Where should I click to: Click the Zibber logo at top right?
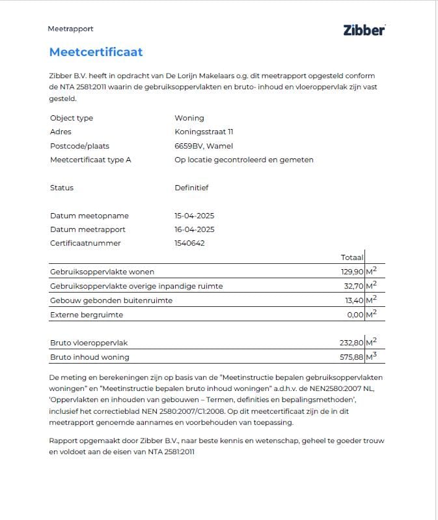pos(364,30)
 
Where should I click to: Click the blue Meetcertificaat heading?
pos(96,52)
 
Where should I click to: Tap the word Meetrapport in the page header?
pos(70,29)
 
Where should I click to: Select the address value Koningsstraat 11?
pos(204,132)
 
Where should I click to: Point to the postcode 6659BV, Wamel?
pos(204,146)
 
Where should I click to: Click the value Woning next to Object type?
pos(189,118)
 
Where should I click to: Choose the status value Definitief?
pos(191,188)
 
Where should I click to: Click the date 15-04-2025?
pos(195,216)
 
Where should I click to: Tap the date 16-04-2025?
pos(195,229)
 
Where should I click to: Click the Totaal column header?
pos(351,257)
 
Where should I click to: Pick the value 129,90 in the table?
pos(350,272)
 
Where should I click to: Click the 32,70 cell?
pos(351,286)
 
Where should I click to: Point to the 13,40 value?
pos(351,300)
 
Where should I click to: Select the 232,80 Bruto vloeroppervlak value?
pos(349,343)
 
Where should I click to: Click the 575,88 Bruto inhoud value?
pos(349,357)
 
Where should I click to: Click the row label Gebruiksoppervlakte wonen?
pos(102,272)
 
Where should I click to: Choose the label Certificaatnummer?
pos(85,243)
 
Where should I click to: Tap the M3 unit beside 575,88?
pos(371,356)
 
